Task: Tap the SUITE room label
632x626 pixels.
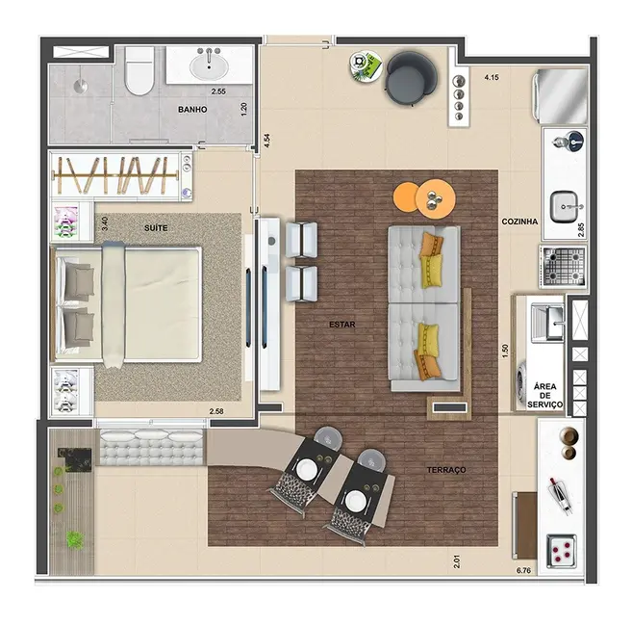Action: coord(157,228)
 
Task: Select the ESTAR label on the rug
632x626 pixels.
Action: coord(342,325)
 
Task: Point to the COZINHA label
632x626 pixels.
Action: coord(519,222)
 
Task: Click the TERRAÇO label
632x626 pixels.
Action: coord(446,469)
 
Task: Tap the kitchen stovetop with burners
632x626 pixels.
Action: coord(562,264)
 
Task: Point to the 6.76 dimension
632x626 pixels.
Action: coord(523,570)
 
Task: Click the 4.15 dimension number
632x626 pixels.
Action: coord(493,77)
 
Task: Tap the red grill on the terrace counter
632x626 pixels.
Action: coord(562,550)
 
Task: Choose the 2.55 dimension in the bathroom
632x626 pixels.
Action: coord(218,91)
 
